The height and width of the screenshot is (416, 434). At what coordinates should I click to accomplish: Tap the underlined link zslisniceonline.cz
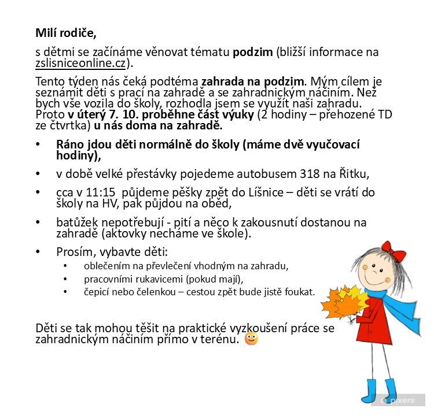click(80, 64)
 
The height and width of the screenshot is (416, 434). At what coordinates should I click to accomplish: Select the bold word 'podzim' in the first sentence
click(252, 52)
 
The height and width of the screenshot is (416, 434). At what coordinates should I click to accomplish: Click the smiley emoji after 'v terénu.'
click(252, 339)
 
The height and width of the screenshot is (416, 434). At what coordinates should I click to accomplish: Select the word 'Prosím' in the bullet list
click(74, 252)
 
